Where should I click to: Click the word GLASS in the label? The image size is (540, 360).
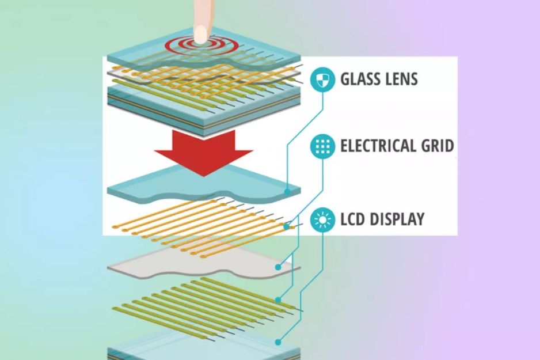click(360, 79)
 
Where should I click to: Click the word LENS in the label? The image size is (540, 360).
click(402, 79)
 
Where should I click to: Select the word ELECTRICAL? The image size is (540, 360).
click(378, 146)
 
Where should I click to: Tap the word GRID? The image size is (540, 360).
click(438, 146)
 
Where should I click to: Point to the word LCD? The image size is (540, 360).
click(353, 219)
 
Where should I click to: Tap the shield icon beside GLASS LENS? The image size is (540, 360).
click(322, 79)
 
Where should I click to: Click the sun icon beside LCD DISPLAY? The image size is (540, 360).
click(322, 219)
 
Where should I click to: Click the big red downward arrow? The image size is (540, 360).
click(204, 152)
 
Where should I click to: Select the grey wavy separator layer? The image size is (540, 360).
click(204, 263)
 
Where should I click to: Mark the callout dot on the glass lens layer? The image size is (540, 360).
click(287, 192)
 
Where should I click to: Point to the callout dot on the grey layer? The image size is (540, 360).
click(278, 267)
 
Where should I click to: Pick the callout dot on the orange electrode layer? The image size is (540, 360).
click(287, 227)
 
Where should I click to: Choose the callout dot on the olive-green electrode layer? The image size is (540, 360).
click(278, 300)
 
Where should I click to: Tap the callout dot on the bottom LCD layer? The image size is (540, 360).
click(278, 342)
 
